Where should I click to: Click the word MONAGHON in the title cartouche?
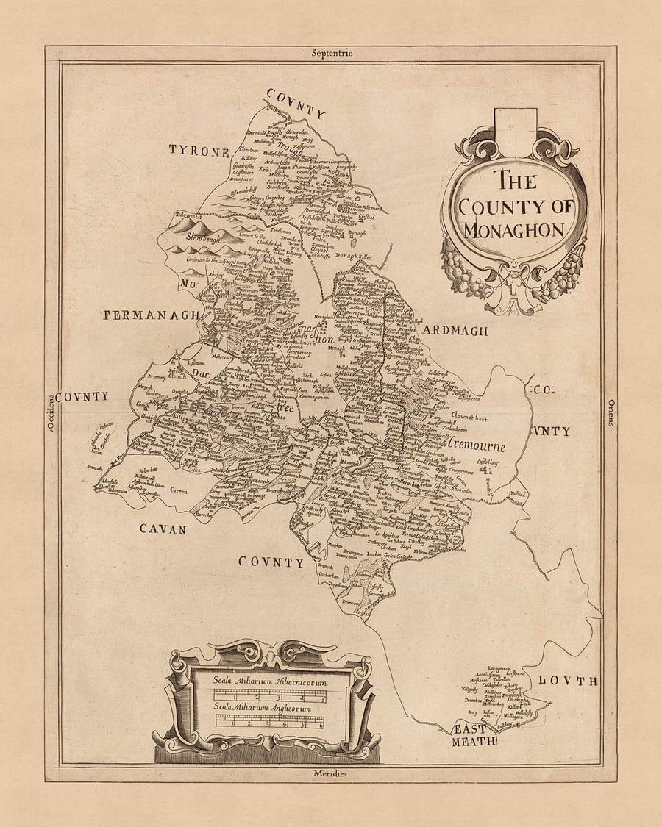[x=513, y=229]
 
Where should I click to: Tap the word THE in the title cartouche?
[x=514, y=181]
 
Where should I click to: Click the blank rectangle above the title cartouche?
[x=515, y=123]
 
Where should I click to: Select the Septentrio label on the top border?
[x=332, y=54]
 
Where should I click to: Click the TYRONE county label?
[x=199, y=151]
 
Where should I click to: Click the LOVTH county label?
[x=567, y=681]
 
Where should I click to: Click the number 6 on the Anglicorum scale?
[x=321, y=725]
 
